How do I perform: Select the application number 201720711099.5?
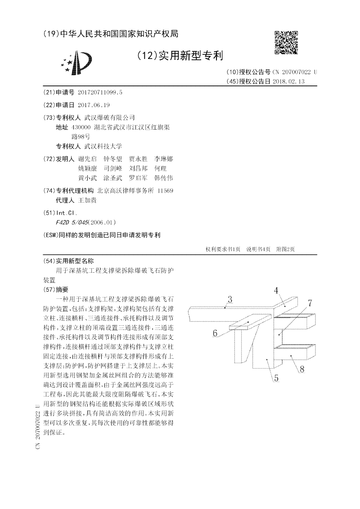(100, 92)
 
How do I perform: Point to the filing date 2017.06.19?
(94, 105)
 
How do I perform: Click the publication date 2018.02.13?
(292, 81)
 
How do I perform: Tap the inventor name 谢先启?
(87, 159)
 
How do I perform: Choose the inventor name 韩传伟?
(163, 178)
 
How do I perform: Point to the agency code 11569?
(165, 191)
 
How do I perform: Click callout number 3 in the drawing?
(229, 299)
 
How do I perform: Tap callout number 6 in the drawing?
(215, 333)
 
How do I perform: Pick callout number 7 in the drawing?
(310, 303)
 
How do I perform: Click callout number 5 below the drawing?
(276, 378)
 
